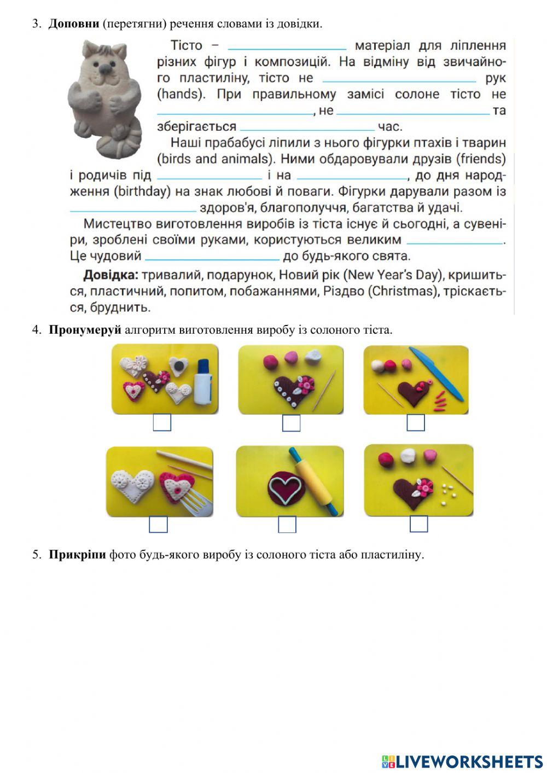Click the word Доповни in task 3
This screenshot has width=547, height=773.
(x=74, y=24)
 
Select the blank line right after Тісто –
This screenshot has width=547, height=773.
(x=287, y=47)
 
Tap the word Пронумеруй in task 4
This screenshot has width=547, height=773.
(x=84, y=330)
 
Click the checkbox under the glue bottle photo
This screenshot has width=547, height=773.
(x=161, y=422)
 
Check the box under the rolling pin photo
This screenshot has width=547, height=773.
(x=287, y=524)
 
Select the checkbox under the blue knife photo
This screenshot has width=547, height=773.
(x=416, y=422)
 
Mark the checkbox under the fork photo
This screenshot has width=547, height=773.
(x=158, y=524)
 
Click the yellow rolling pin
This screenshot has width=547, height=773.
(x=314, y=481)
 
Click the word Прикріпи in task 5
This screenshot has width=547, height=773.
(x=77, y=554)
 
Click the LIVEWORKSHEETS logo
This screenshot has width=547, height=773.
(x=462, y=761)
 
